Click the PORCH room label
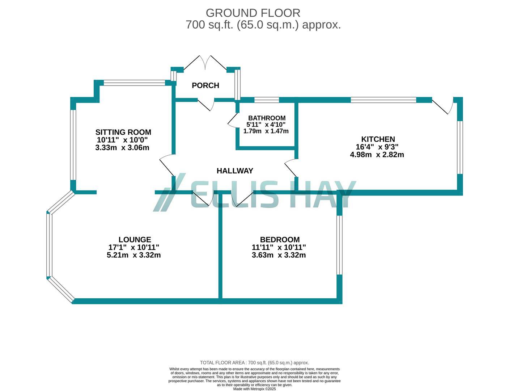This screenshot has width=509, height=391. pos(205,85)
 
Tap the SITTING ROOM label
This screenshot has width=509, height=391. pos(123,132)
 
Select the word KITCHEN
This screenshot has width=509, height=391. pos(378,139)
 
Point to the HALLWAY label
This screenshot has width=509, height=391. pos(235,171)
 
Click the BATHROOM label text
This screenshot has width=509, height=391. pos(267,118)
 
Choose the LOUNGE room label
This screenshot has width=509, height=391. pos(135,240)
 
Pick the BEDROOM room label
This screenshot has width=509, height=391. pos(280,240)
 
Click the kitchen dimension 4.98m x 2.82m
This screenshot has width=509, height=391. pos(377,155)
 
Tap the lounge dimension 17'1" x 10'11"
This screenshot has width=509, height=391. pos(134,247)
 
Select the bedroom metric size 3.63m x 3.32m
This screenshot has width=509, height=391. pos(279,255)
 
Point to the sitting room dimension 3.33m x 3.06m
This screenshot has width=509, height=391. pos(122,148)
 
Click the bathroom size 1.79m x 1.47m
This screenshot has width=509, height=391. pos(266,131)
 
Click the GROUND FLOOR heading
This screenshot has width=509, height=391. pos(253,13)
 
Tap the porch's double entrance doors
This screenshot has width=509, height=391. pos(205,63)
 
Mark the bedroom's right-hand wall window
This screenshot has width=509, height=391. pos(339,245)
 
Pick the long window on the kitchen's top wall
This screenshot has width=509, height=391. pos(383,100)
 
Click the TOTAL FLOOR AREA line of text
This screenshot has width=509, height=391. pos(254,363)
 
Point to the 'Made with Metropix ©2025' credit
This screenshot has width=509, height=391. pos(254,389)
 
